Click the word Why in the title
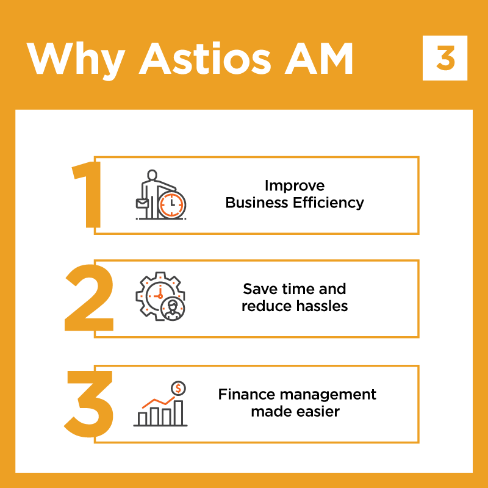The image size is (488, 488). pos(76,60)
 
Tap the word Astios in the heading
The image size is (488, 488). pos(205,58)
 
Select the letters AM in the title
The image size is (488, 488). pos(318,59)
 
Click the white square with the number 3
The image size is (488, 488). pos(445,58)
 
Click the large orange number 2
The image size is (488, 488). pos(89,298)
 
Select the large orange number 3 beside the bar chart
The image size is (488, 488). pos(88,404)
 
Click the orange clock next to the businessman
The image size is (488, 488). pos(172,205)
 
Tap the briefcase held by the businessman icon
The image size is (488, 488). pos(142,203)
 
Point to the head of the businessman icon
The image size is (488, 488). pos(152,175)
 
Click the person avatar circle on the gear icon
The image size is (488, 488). pos(173,309)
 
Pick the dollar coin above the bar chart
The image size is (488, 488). pos(178,389)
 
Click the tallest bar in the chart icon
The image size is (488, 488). pos(178,413)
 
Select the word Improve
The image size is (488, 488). pos(295,186)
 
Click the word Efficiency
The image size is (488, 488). pos(328,203)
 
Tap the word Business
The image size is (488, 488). pos(257,203)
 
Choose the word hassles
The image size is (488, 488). pos(322,306)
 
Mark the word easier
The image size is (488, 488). pos(318,411)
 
